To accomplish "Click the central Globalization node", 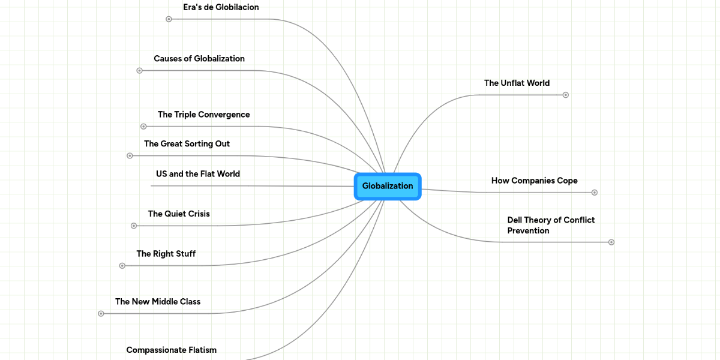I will click(x=388, y=186).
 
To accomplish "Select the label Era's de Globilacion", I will click(x=221, y=7).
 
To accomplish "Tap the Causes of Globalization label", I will click(x=199, y=59).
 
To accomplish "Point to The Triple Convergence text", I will click(x=203, y=115).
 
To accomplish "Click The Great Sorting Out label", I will click(x=187, y=144).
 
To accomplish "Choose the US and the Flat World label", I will click(x=197, y=174).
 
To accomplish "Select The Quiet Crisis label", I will click(x=179, y=214).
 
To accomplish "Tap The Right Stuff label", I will click(x=166, y=254).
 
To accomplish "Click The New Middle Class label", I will click(x=158, y=302).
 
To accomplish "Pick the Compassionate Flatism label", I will click(x=171, y=350).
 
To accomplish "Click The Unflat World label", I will click(x=517, y=83).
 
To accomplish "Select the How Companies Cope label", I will click(x=534, y=181).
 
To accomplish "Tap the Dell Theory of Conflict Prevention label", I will click(x=550, y=225).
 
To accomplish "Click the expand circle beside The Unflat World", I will click(x=565, y=95).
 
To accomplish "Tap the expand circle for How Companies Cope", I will click(x=595, y=193).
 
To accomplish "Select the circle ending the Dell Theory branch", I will click(x=611, y=242).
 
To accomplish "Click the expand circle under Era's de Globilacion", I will click(x=169, y=19).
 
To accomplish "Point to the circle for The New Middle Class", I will click(x=101, y=314).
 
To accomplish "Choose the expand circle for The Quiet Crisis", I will click(x=134, y=226).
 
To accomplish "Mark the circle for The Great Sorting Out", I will click(x=130, y=156).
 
